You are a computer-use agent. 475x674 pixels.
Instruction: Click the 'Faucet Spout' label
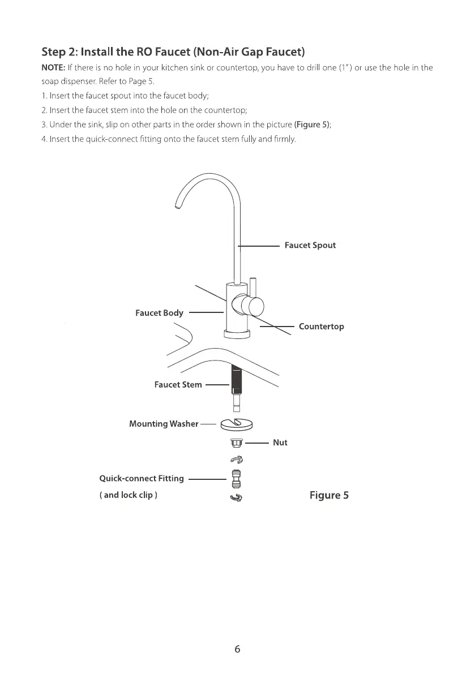[310, 246]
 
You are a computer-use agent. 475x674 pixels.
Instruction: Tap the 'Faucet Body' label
[159, 314]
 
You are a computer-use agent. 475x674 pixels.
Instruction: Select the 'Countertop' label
[321, 327]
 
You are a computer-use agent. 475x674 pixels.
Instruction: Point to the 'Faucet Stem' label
[178, 385]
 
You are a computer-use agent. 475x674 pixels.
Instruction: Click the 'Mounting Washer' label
[164, 423]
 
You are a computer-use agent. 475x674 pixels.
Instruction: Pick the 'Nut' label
[280, 443]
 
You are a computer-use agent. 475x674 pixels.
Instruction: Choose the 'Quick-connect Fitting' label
[142, 479]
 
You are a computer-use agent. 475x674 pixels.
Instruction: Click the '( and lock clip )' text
[129, 496]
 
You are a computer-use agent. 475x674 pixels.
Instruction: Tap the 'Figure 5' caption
[329, 496]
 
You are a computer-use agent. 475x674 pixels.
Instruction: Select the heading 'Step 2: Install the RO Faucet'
[173, 53]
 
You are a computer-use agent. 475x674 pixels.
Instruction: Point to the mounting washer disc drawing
[237, 423]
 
